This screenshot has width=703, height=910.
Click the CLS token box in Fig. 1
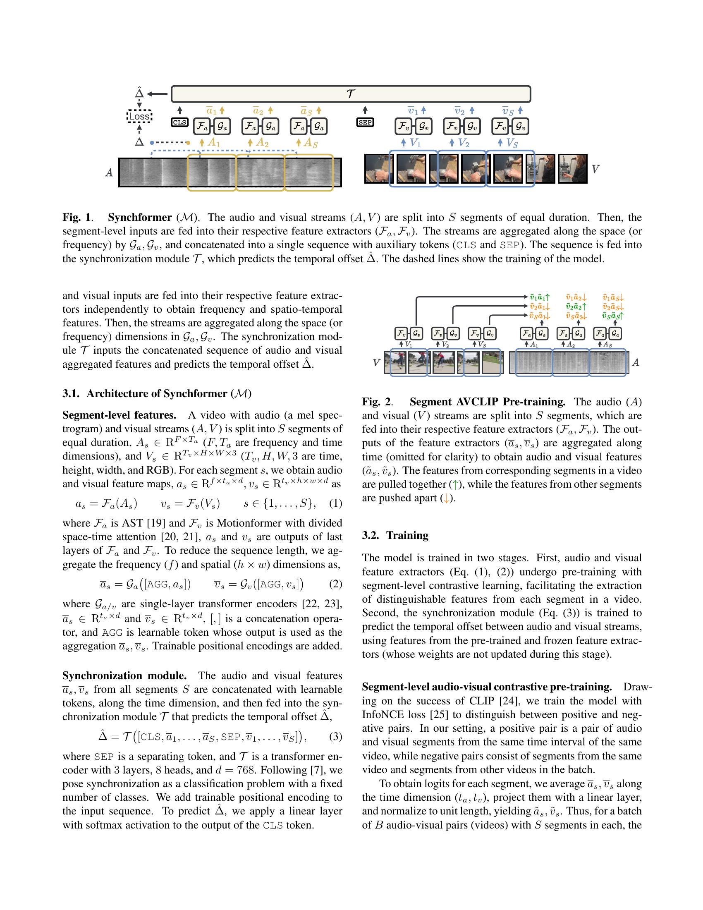(179, 122)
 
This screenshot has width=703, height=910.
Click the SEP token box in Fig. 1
(365, 122)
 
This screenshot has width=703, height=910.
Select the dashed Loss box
(139, 117)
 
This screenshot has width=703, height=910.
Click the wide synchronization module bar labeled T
(351, 94)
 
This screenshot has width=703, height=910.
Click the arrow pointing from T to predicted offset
(157, 94)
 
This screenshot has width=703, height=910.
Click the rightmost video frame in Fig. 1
(572, 169)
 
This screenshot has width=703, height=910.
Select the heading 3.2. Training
(395, 535)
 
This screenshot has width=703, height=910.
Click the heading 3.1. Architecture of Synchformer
(157, 394)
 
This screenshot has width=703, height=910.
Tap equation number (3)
(336, 737)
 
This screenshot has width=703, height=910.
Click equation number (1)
(336, 503)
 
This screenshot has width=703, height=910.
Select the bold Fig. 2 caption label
(376, 402)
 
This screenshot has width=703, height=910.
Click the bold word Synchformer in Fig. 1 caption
(140, 218)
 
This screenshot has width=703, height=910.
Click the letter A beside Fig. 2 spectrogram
(636, 362)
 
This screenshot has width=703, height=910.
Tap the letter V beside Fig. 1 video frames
(595, 169)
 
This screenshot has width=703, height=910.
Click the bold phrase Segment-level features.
(119, 415)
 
